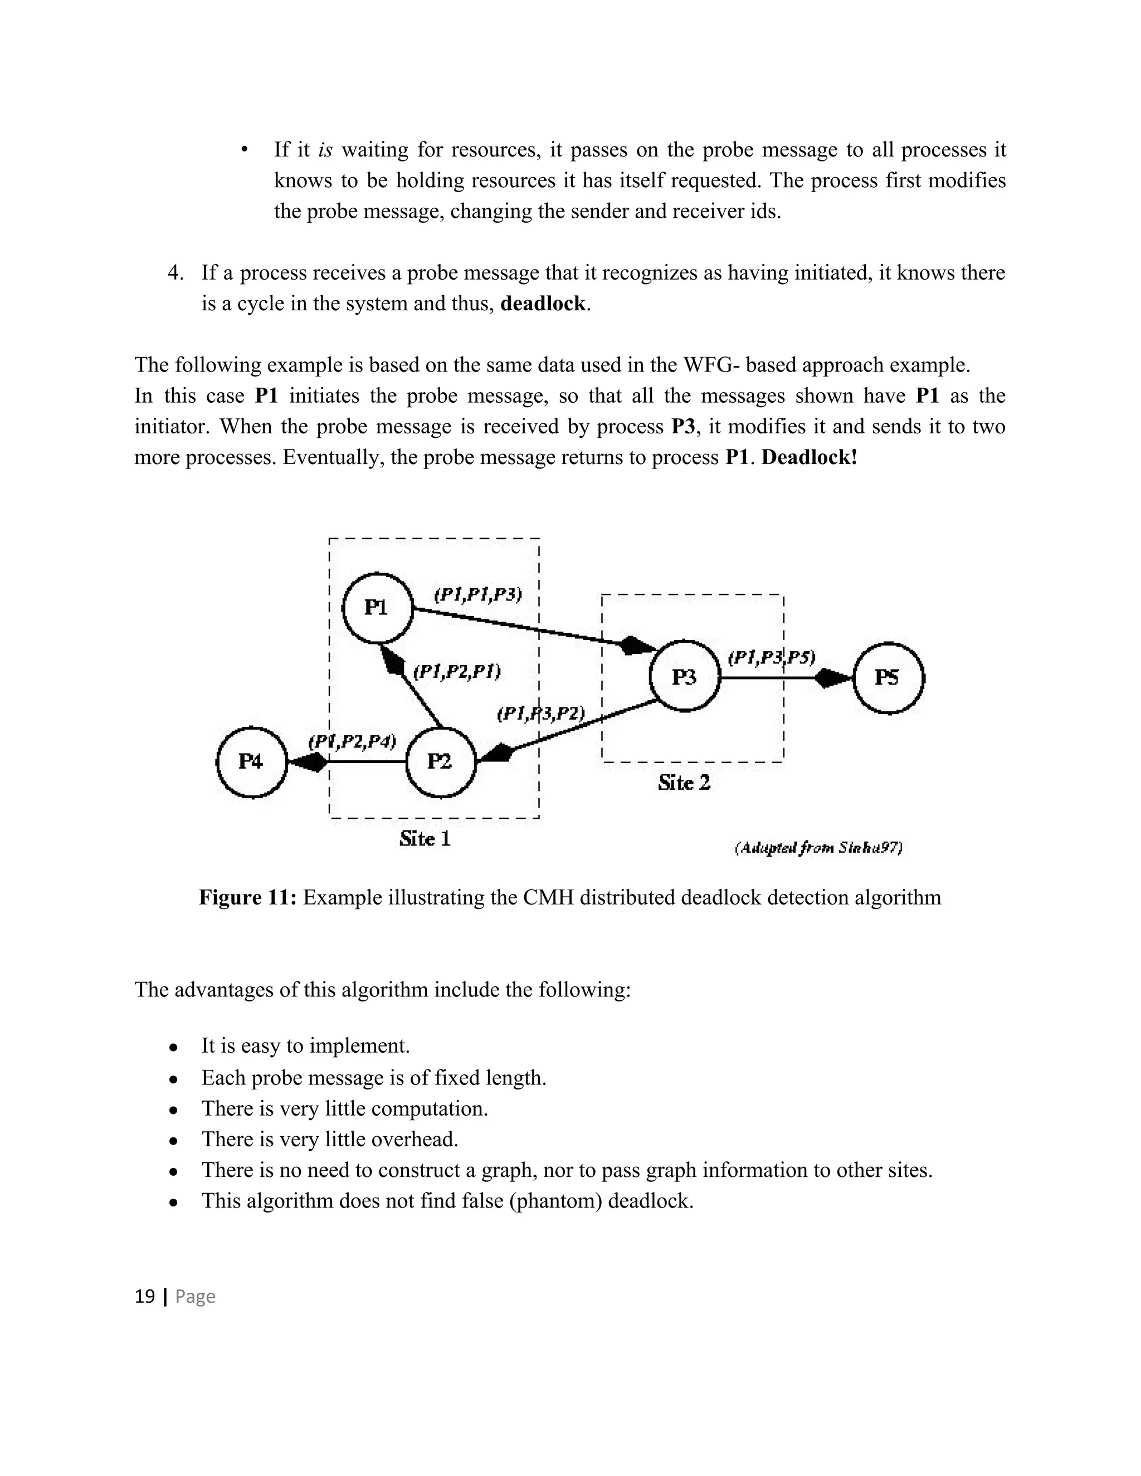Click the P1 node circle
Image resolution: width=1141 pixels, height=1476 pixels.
[x=377, y=608]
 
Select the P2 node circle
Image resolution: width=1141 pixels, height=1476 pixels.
[x=440, y=763]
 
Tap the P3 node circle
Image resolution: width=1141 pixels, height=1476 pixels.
[x=685, y=677]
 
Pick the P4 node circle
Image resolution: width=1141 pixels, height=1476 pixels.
[x=251, y=763]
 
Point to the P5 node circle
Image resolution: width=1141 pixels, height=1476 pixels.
[x=888, y=678]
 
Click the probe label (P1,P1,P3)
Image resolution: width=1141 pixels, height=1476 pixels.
[x=477, y=595]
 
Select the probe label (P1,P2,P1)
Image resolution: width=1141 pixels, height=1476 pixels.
[x=457, y=672]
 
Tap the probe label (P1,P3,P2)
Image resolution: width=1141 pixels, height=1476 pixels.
[x=541, y=713]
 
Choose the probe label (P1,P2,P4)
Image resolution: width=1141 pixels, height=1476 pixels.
[x=352, y=741]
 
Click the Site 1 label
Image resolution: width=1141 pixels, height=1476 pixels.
[x=425, y=839]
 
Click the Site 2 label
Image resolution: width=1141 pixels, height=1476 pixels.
[x=684, y=783]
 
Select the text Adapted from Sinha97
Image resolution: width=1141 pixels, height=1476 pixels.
[x=818, y=848]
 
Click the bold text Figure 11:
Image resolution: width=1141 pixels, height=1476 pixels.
[x=247, y=897]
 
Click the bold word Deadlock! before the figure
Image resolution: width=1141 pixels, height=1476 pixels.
[x=809, y=457]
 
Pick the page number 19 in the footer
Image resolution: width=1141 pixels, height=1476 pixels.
[x=145, y=1296]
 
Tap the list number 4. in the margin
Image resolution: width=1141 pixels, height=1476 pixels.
[x=175, y=273]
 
